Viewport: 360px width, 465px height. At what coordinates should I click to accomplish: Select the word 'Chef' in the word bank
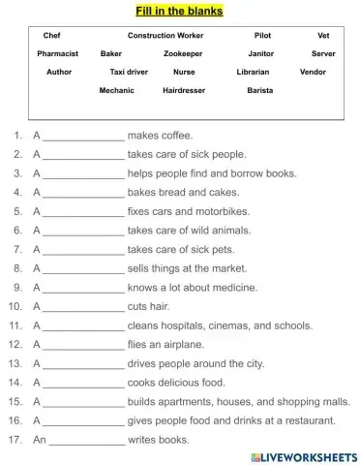tap(51, 36)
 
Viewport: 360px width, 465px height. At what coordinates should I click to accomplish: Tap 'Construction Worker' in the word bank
tap(165, 36)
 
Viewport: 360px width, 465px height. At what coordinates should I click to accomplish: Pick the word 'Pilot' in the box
tap(262, 36)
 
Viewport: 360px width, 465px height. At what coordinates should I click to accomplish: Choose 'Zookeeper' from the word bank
tap(182, 54)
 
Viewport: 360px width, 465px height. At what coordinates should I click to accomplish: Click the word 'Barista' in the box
tap(258, 90)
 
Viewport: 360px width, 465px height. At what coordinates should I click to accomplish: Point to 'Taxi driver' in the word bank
tap(129, 72)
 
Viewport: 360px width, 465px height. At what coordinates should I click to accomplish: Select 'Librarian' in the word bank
tap(253, 72)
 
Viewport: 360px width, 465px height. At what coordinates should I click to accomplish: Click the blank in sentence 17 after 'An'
tap(86, 441)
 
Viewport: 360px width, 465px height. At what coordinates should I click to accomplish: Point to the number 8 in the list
tap(17, 268)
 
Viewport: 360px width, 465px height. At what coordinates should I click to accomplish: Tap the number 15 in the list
tap(15, 402)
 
